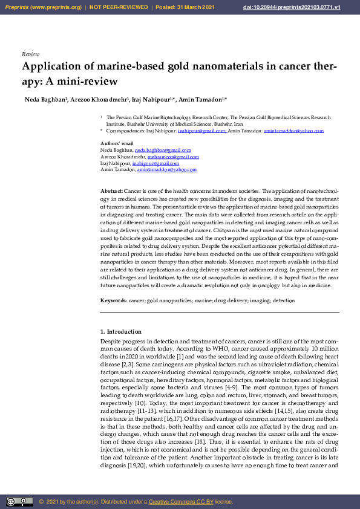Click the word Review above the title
[30, 54]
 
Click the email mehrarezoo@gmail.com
[173, 157]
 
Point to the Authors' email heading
[117, 143]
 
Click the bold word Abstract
[111, 191]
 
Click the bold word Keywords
[113, 300]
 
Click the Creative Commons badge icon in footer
[19, 501]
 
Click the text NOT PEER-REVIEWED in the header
[119, 7]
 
